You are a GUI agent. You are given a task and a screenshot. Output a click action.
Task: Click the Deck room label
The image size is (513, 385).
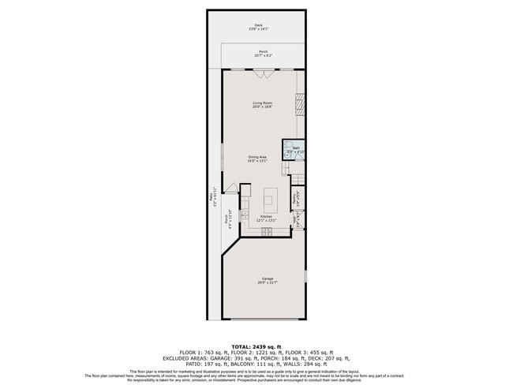click(258, 27)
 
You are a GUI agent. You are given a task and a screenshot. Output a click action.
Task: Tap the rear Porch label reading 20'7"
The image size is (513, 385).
click(263, 54)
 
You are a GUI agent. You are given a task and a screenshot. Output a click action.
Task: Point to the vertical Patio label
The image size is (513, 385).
click(212, 200)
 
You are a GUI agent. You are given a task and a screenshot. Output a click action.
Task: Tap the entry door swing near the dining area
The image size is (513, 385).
click(231, 187)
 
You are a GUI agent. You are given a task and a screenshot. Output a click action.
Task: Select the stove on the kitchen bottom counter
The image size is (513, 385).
click(268, 230)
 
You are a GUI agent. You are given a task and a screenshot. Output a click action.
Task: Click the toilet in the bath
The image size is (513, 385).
click(289, 150)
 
